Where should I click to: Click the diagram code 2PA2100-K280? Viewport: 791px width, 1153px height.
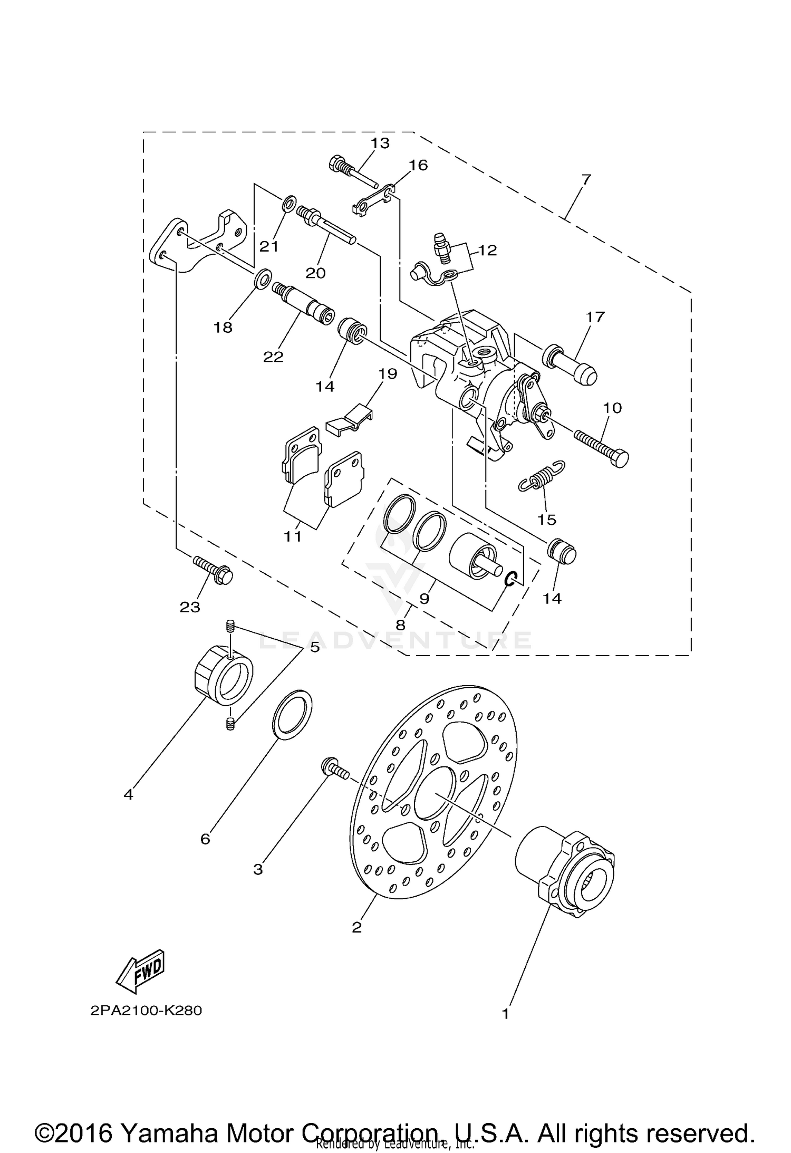click(x=146, y=1011)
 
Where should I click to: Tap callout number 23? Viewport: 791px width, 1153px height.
click(x=190, y=607)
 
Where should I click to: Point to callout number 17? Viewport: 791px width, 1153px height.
click(x=594, y=317)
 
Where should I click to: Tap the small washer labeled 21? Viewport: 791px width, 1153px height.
click(x=288, y=204)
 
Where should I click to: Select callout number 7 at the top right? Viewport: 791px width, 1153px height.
click(x=586, y=179)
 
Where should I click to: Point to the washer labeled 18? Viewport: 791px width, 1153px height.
click(x=262, y=278)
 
